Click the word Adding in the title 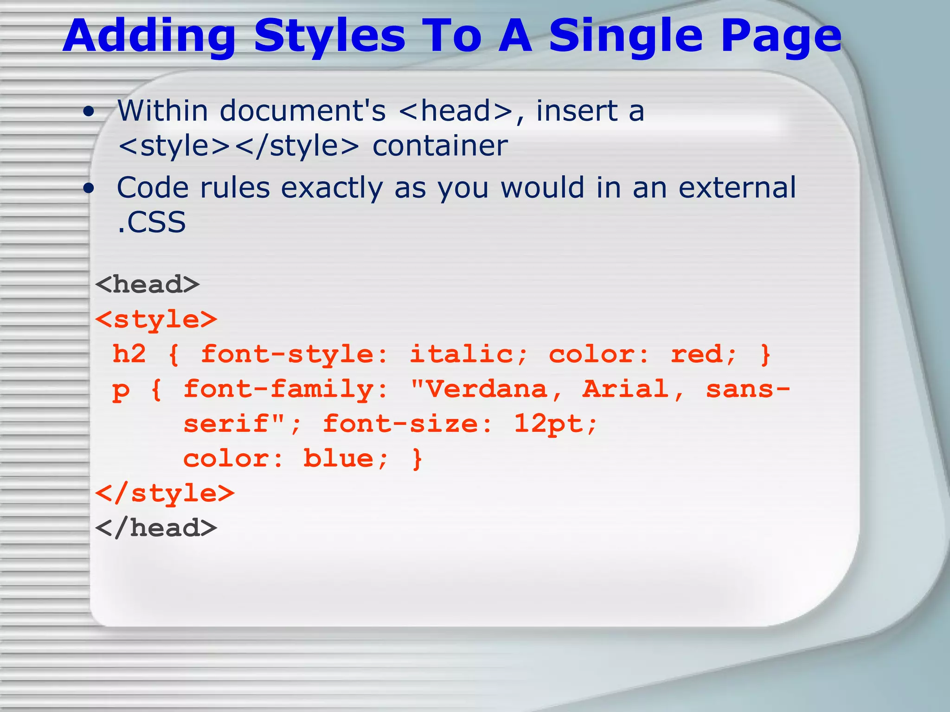click(150, 36)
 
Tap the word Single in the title click(626, 36)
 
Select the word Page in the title click(781, 36)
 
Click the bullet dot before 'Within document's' click(89, 112)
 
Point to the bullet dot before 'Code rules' click(89, 188)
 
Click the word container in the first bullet click(440, 146)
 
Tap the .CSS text click(152, 222)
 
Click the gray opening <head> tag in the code click(147, 284)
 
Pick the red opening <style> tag click(156, 319)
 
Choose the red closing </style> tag click(165, 493)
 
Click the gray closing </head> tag click(156, 528)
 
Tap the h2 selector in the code click(129, 354)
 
